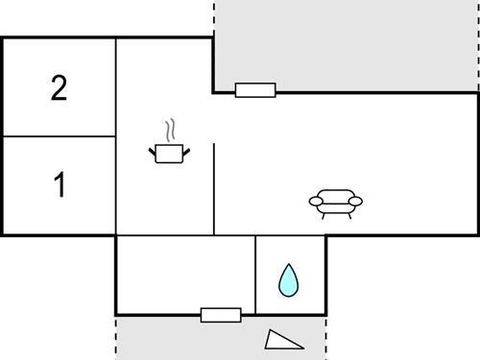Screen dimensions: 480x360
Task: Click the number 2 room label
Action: [59, 89]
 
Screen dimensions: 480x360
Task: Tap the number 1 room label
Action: [60, 185]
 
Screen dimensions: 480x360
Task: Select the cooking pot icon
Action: [169, 153]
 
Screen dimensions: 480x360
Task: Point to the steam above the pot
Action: [170, 130]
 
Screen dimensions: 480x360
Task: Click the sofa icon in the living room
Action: [336, 202]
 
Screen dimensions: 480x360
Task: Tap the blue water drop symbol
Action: [288, 279]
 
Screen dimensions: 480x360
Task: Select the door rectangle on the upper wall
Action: [255, 90]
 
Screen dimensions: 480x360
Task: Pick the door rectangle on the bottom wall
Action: [221, 314]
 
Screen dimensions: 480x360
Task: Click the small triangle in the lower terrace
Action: [284, 339]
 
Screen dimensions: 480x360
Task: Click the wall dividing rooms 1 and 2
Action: [59, 136]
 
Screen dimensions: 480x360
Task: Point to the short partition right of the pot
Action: [213, 188]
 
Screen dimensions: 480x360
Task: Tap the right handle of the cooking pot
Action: [186, 149]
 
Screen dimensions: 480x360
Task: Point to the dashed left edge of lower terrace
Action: [116, 337]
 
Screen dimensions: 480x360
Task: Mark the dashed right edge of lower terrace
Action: [326, 337]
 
